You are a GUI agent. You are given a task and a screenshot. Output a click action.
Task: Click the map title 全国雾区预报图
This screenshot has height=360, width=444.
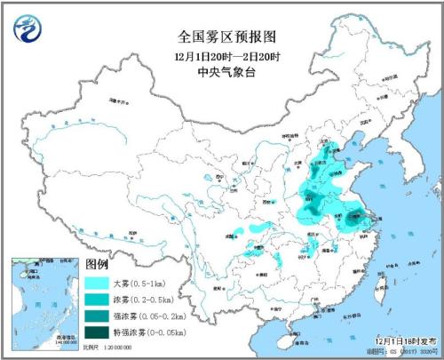point(222,37)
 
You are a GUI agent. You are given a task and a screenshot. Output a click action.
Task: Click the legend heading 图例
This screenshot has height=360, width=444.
point(97,265)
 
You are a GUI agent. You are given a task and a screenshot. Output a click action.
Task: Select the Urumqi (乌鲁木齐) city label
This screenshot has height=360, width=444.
point(107,118)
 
